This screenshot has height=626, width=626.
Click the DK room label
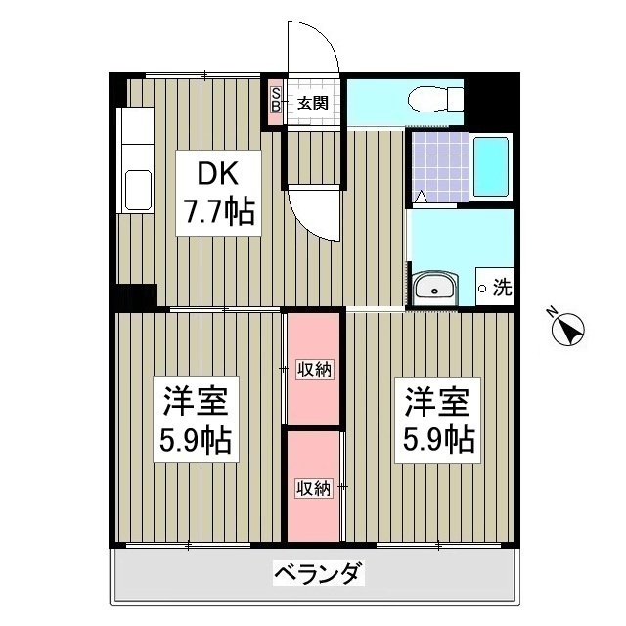(216, 174)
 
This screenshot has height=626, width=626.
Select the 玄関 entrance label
(312, 102)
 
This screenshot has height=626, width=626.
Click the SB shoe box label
(276, 99)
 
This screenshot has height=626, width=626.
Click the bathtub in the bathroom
(490, 167)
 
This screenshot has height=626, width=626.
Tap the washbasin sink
(434, 288)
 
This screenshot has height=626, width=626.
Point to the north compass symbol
(566, 329)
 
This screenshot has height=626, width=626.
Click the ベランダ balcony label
(318, 573)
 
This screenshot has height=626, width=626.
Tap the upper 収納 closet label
(314, 369)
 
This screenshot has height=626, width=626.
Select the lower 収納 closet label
(314, 486)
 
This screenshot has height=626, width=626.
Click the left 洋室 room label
(196, 402)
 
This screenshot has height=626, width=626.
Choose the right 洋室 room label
(439, 402)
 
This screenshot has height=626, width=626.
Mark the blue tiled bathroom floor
(437, 164)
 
